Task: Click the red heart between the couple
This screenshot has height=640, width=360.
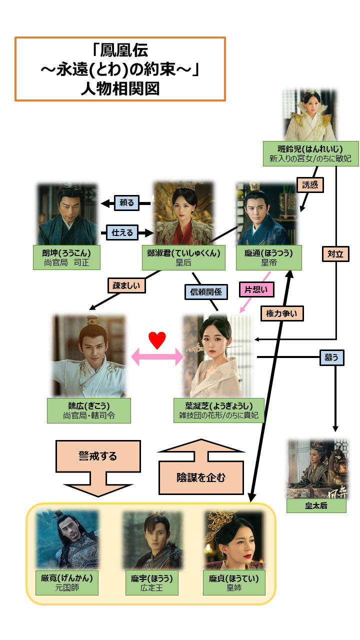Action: tap(157, 340)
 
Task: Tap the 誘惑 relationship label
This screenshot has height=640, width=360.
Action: tap(310, 185)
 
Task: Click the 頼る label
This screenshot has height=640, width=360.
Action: tap(127, 203)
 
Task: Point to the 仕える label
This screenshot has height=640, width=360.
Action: tap(122, 232)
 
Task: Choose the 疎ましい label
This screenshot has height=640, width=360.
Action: tap(127, 285)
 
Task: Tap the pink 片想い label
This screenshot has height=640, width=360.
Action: tap(256, 288)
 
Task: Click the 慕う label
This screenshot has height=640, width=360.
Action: tap(332, 357)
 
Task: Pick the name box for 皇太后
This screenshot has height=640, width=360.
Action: tap(316, 505)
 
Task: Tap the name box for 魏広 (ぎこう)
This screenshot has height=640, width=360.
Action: tap(88, 410)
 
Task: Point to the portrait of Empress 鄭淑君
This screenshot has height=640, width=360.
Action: tap(183, 212)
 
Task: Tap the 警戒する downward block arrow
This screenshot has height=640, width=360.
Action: tap(98, 467)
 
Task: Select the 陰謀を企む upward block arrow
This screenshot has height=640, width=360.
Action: tap(201, 467)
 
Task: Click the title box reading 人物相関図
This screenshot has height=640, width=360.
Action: tap(120, 69)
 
